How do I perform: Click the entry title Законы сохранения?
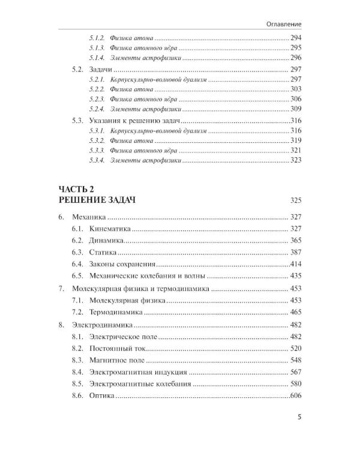tap(123, 264)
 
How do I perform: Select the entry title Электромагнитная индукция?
tap(138, 373)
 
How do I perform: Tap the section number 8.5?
tap(77, 384)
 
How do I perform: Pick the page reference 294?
tap(295, 37)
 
